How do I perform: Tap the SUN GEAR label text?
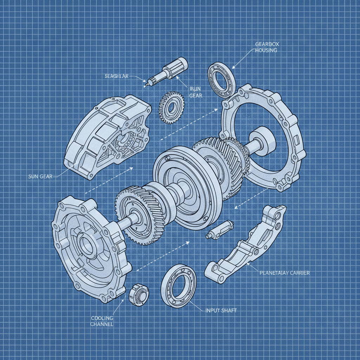40,176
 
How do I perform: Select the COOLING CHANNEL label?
102,321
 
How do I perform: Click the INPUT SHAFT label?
220,310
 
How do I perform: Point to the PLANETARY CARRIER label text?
284,273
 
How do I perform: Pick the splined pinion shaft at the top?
169,71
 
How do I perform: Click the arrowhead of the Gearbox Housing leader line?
233,67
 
